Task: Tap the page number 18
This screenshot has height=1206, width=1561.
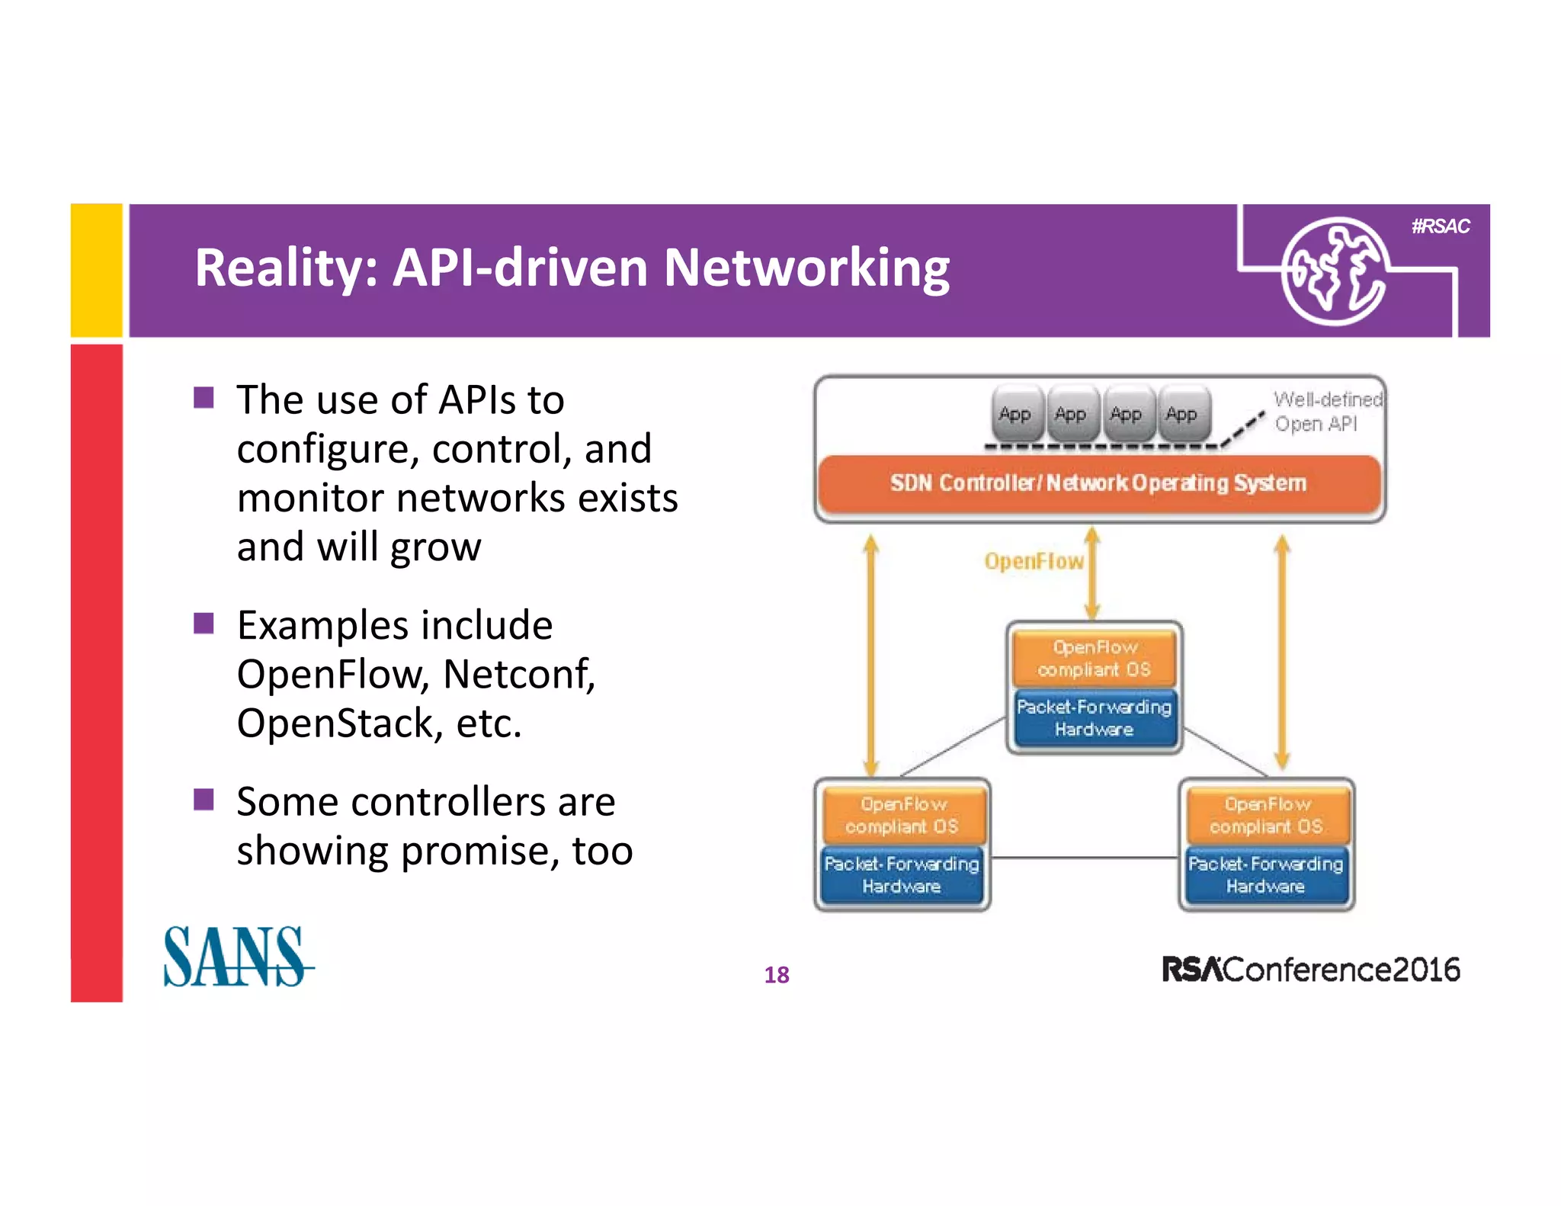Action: [776, 975]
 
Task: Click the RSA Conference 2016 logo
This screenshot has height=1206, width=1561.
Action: [1310, 970]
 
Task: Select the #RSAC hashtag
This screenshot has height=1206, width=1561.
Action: [1440, 226]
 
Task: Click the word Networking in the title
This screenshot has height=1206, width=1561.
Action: [806, 268]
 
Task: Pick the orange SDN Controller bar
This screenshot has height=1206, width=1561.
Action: [1098, 483]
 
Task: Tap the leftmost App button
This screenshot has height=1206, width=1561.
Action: [1014, 415]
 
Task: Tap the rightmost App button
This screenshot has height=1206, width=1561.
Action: [1181, 415]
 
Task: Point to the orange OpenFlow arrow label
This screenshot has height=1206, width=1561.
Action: [1034, 562]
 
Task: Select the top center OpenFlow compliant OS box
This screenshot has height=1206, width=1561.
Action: [1095, 659]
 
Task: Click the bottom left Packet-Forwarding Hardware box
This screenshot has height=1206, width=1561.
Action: [902, 875]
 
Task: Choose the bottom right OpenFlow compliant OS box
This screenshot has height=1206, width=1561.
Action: [1266, 816]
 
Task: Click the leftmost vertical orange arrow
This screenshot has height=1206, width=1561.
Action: [871, 656]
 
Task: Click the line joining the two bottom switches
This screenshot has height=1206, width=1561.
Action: [1084, 858]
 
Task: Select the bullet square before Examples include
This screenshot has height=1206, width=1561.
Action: [204, 624]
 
